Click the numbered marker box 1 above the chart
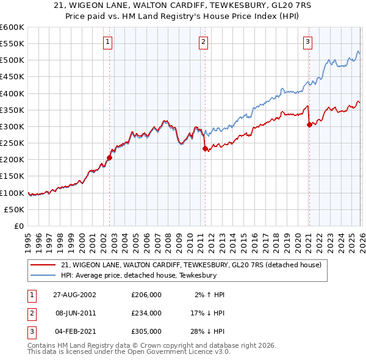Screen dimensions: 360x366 coord(107,42)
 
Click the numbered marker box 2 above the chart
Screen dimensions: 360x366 coord(203,42)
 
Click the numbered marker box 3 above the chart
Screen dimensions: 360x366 coord(308,42)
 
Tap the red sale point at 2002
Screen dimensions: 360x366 coord(110,157)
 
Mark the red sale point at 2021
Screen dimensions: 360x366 coord(309,125)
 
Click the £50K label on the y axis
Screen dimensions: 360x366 coord(14,209)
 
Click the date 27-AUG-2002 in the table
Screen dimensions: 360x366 coord(74,295)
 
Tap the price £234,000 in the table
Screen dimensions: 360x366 coord(146,313)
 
